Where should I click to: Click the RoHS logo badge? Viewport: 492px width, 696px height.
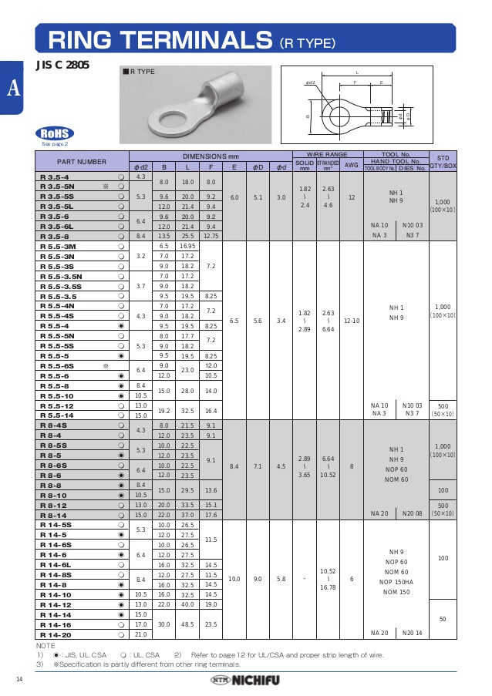point(54,132)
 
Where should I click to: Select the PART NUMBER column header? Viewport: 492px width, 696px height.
point(81,162)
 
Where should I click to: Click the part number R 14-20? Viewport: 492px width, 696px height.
point(56,634)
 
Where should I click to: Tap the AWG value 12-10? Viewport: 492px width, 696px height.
point(351,320)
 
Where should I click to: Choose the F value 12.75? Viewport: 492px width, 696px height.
point(211,237)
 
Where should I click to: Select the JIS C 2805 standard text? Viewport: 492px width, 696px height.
point(62,66)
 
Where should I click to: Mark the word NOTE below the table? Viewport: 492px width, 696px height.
point(45,645)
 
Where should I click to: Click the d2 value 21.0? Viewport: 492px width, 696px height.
point(140,634)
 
